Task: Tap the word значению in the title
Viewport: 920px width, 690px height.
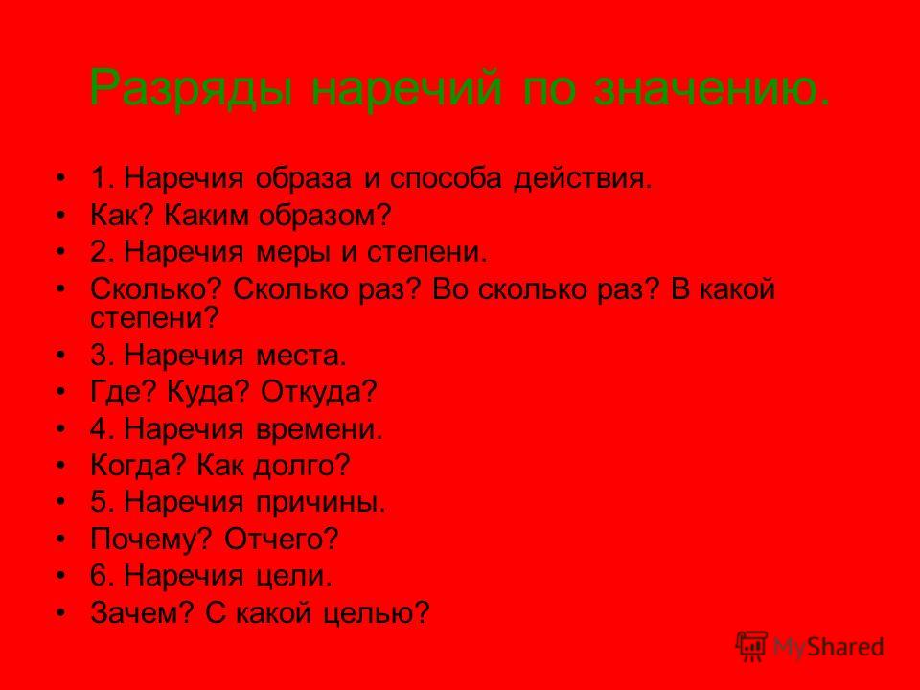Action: coord(712,88)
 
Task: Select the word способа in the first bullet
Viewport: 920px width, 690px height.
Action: coord(446,179)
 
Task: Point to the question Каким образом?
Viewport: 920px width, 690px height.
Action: coord(278,217)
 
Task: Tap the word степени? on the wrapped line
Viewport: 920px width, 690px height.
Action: coord(154,318)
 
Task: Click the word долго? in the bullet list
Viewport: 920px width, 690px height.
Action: coord(302,466)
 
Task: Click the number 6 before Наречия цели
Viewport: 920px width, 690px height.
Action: coord(98,576)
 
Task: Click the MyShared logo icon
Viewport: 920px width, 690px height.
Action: coord(751,646)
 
